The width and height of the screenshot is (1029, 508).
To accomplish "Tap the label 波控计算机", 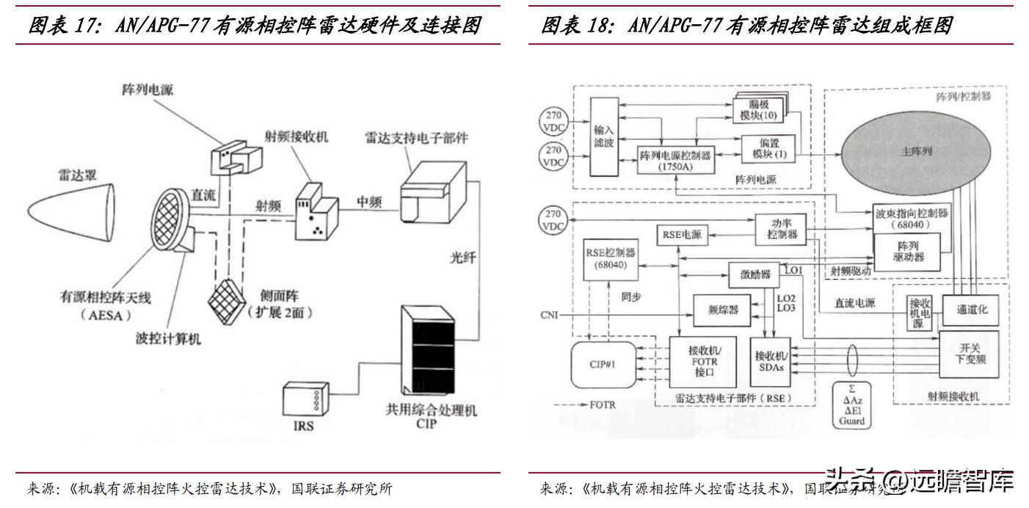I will point(168,338).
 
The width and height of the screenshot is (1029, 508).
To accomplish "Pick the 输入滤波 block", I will point(603,137).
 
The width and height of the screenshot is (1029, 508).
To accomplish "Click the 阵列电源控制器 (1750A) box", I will point(675,161).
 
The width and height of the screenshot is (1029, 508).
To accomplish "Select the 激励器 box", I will point(755,275).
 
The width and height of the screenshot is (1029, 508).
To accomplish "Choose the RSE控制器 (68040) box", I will point(611,259).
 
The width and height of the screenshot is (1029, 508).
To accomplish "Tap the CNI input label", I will point(548,316).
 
